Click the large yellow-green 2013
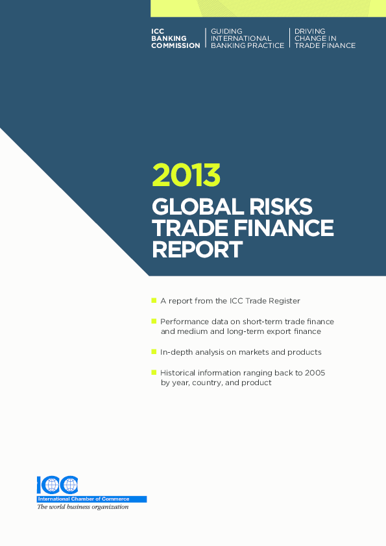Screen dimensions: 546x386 tap(186, 175)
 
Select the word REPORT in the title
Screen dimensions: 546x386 tap(197, 249)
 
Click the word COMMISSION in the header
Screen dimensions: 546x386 tap(176, 46)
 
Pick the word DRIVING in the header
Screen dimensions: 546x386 tap(310, 31)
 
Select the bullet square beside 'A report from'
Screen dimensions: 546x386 tap(154, 300)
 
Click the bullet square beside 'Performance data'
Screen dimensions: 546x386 tap(154, 321)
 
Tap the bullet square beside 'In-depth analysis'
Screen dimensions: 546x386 tap(154, 351)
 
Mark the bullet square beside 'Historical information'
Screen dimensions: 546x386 tap(154, 372)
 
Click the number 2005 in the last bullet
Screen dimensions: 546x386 tap(314, 373)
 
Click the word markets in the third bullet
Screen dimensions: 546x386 tap(263, 352)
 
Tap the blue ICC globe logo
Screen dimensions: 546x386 tap(57, 484)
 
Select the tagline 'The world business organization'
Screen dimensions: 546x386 tap(82, 507)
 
